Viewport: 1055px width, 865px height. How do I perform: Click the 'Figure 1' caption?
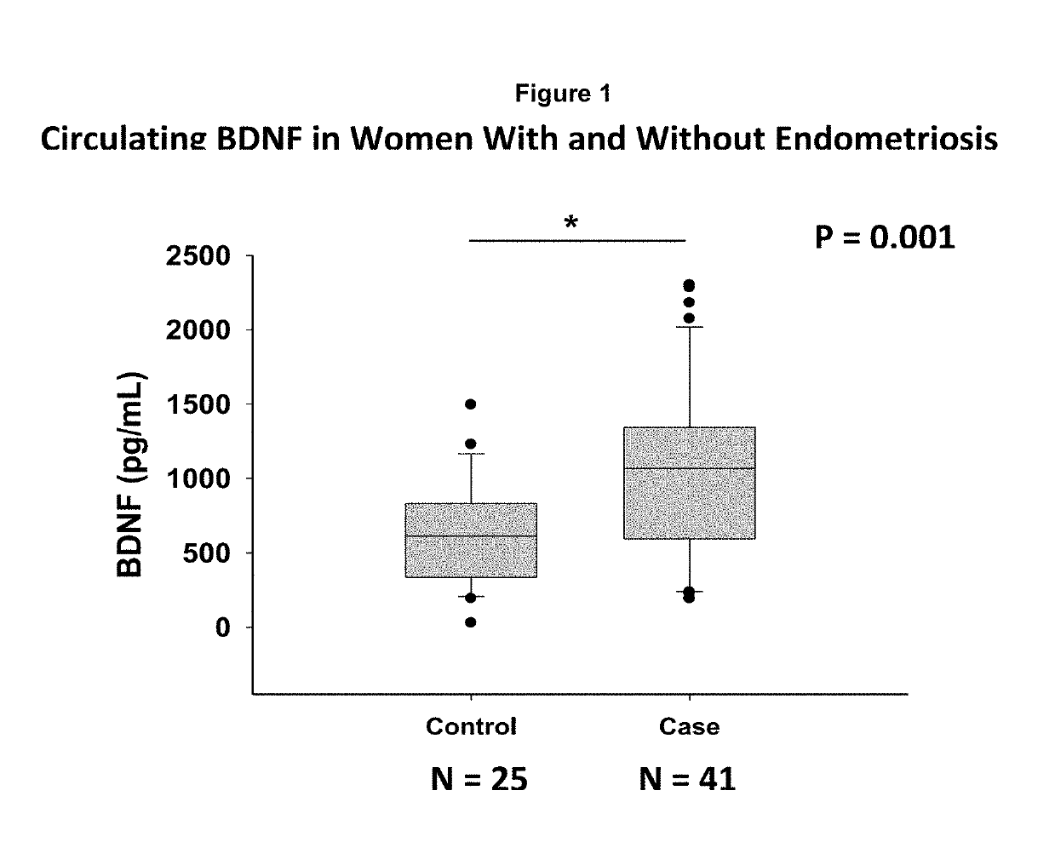(563, 94)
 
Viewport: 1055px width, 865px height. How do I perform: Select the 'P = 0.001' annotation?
(885, 236)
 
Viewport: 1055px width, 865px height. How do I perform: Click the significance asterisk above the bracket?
(571, 224)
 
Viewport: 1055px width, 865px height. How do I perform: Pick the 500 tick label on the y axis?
(209, 553)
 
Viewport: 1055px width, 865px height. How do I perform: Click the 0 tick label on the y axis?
(223, 627)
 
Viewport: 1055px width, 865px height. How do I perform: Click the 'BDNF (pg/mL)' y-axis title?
(130, 475)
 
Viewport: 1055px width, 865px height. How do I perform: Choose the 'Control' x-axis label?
(471, 726)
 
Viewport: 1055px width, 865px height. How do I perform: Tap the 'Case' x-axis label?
(689, 726)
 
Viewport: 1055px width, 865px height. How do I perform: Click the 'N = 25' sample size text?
(479, 778)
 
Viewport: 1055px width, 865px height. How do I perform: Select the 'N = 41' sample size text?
(687, 778)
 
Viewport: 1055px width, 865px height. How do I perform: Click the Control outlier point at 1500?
(471, 404)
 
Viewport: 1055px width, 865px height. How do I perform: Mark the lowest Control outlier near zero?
(471, 622)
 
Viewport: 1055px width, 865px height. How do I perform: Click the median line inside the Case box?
(690, 468)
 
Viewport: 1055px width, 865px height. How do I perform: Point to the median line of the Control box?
(471, 536)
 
